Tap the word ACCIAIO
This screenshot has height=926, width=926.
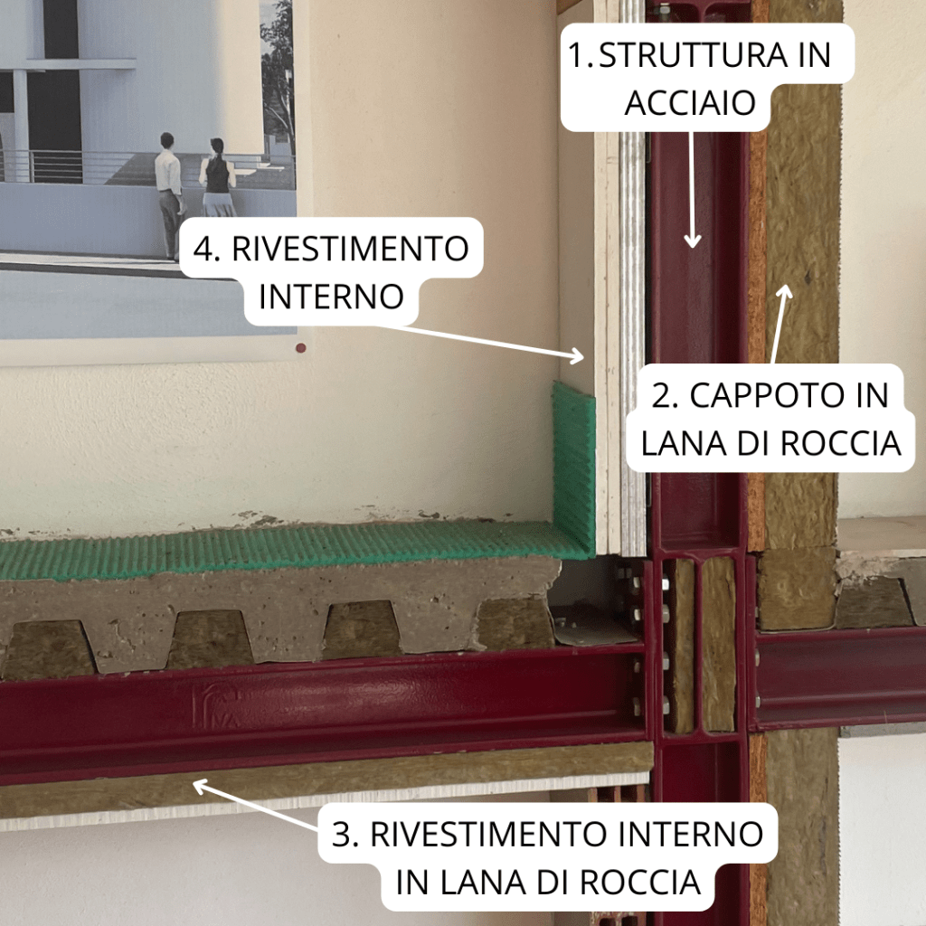pos(690,103)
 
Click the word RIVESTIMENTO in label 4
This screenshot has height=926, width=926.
pos(350,248)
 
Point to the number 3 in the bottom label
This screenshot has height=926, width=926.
pos(342,834)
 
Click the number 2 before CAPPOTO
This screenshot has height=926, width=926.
pos(661,395)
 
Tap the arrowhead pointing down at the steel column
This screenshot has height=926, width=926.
pos(692,241)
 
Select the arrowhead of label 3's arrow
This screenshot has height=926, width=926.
pos(202,787)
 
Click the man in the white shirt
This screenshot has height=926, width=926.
pos(169,196)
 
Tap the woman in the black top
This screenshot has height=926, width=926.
pos(217,177)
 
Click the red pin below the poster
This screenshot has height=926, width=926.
pos(300,348)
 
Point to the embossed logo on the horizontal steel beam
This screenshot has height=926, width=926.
pos(215,704)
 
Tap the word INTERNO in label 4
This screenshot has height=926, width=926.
pos(331,297)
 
